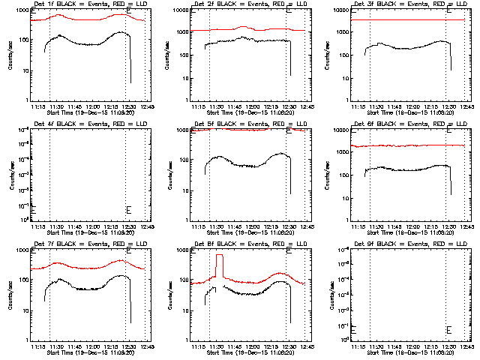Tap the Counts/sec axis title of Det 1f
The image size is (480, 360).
coord(10,56)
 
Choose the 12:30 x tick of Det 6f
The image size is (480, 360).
coord(448,226)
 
